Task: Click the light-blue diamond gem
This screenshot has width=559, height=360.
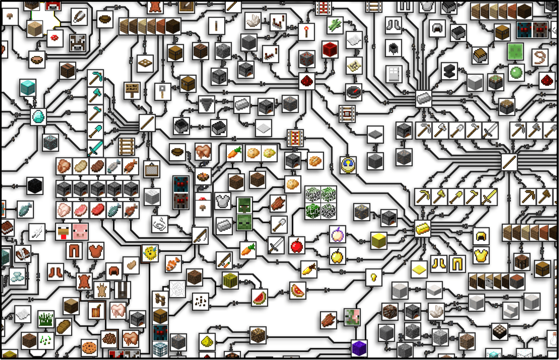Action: click(x=38, y=117)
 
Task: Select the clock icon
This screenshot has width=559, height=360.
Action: click(x=348, y=165)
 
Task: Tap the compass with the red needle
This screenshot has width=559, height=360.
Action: click(x=354, y=92)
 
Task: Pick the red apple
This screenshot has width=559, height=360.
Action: click(x=297, y=245)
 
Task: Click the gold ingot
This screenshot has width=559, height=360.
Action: click(x=423, y=228)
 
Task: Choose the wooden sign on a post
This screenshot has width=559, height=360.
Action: click(x=131, y=91)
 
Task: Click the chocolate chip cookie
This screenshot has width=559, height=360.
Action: click(x=90, y=347)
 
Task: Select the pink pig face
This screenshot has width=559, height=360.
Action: click(x=80, y=232)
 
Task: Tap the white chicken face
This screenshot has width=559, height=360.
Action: click(x=63, y=232)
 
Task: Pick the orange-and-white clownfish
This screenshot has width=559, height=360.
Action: click(x=173, y=264)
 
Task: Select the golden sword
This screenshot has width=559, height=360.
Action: click(x=489, y=197)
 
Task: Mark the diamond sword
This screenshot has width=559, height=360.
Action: click(x=95, y=148)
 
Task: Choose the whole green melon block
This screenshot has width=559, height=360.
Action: click(x=230, y=281)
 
